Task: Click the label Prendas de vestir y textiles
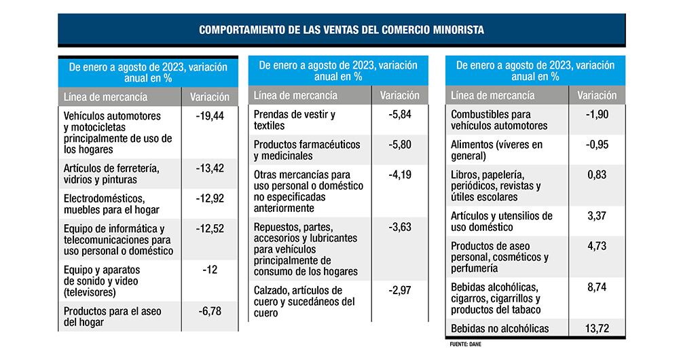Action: pos(294,120)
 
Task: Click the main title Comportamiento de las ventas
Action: pos(342,31)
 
